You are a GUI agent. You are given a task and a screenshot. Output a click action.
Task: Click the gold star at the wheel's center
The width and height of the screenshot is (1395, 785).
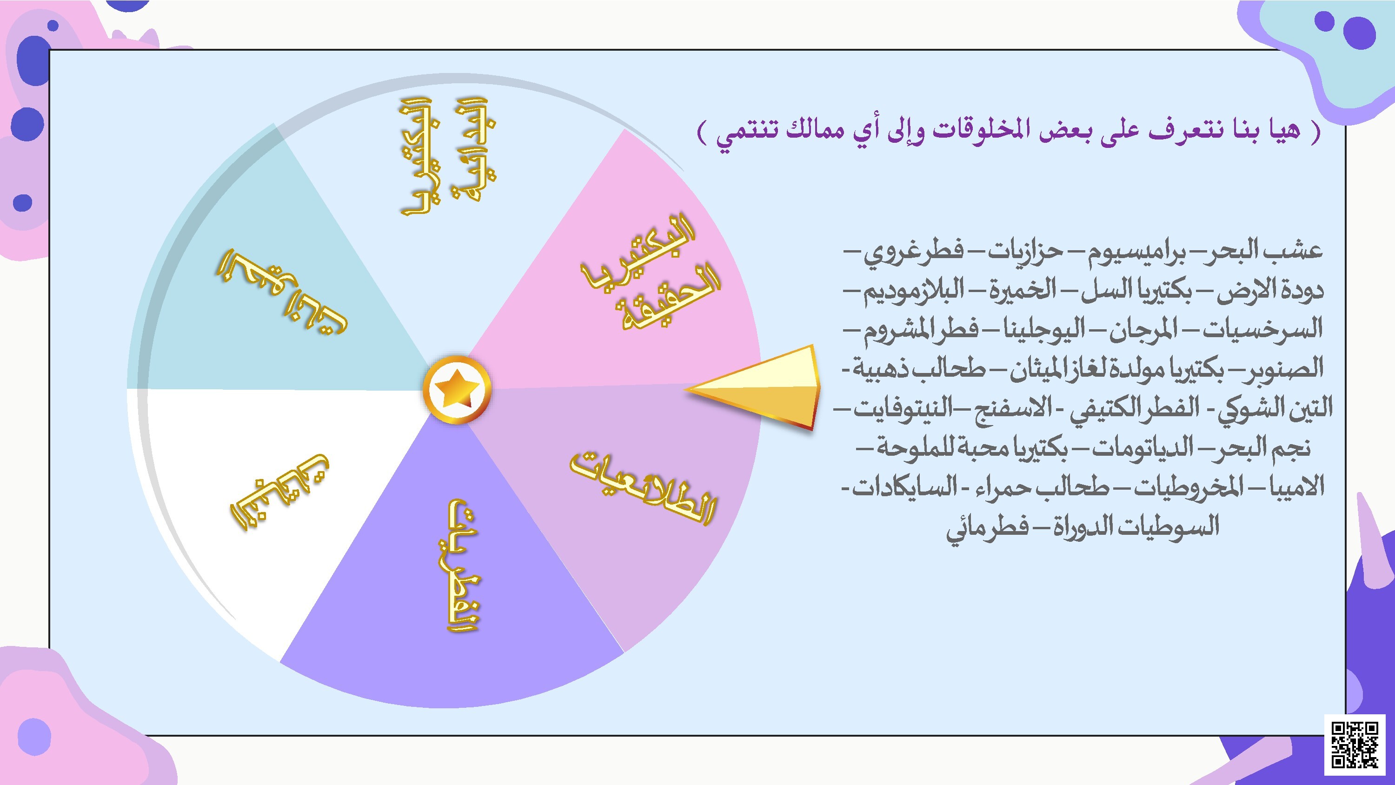click(457, 389)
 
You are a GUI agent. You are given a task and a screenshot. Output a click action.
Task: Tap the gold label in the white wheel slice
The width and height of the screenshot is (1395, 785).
click(279, 492)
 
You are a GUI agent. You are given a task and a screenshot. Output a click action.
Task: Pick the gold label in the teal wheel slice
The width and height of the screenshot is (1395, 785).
click(282, 291)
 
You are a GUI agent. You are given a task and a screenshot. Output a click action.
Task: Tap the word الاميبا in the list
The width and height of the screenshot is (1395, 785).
click(1297, 486)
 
